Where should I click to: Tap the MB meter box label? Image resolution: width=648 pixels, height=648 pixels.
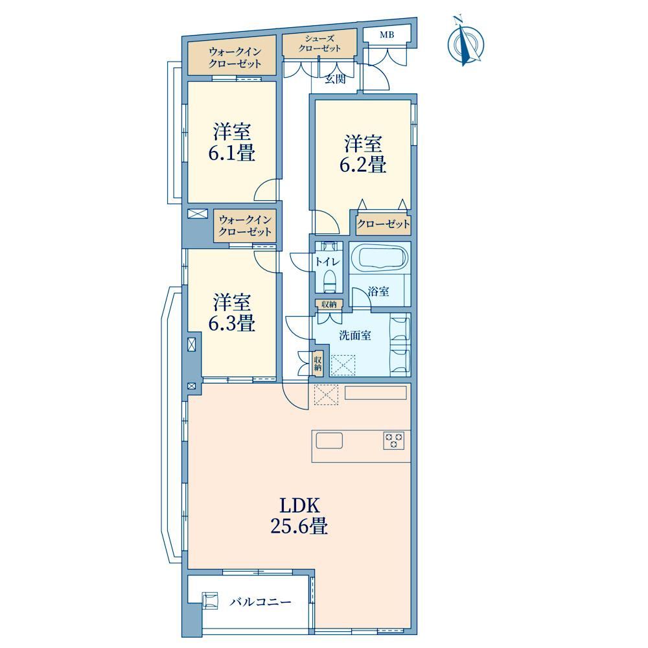(387, 35)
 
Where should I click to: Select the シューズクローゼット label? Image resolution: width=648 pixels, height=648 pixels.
(319, 43)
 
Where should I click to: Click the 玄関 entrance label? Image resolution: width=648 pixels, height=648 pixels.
(335, 79)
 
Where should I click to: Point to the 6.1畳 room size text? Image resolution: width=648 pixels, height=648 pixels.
(231, 153)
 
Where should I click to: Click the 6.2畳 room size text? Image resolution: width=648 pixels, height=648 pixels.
(363, 165)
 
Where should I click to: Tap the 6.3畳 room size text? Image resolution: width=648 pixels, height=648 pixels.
(231, 323)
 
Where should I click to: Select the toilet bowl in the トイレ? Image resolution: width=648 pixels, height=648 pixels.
(329, 281)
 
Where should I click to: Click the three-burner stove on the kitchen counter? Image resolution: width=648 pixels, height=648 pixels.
(394, 440)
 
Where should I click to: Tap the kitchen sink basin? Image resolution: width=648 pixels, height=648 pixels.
(329, 441)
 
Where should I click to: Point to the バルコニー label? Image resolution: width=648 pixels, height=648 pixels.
(260, 602)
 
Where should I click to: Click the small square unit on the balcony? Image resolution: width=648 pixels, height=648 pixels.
(210, 600)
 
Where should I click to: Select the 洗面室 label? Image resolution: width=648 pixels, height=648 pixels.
(355, 335)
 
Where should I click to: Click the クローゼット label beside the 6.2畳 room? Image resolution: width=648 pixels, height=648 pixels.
(383, 224)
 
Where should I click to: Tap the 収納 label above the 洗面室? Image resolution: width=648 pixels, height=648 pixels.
(329, 305)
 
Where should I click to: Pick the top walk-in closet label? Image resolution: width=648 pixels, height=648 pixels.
(235, 58)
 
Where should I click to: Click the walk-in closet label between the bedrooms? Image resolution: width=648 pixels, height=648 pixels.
(245, 226)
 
